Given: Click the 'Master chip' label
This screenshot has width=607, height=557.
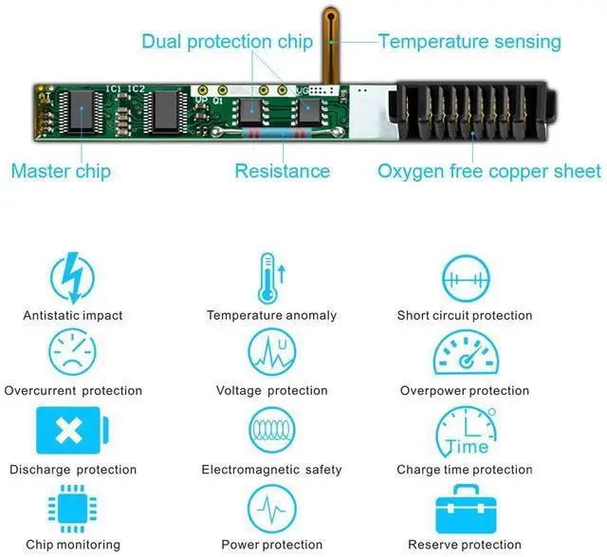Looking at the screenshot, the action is coord(61,171).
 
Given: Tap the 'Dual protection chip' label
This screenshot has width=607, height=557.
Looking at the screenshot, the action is coord(228,42).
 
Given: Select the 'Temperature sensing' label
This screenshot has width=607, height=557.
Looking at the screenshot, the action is coord(469,42).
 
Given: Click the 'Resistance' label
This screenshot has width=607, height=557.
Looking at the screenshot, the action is coord(283,171).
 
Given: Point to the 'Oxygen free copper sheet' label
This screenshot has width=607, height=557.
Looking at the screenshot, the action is coord(489,171).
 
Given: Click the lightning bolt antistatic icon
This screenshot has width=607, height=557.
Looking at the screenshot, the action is coord(73,277).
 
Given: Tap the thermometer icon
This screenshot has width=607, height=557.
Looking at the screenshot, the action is coord(271,278).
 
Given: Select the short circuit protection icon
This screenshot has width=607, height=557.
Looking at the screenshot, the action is coord(466,278).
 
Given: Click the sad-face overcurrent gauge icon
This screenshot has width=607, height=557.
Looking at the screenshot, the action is coord(72,352).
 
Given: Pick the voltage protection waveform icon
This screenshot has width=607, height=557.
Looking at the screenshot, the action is coord(272,352).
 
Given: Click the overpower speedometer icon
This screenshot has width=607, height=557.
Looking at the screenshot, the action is coord(466,352).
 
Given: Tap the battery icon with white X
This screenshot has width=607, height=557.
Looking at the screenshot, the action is coord(72,430).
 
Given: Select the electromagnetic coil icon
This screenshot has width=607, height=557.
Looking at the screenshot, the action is coord(272,430).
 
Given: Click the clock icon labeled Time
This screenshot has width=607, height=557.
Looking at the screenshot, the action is coord(466,431).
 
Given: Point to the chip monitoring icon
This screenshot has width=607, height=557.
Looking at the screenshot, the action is coord(72,509).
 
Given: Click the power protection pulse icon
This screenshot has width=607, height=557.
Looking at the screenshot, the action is coord(272,509).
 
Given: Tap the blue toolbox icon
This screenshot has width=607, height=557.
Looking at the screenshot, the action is coord(466,509).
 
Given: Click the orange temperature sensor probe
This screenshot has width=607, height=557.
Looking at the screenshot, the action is coord(331,46).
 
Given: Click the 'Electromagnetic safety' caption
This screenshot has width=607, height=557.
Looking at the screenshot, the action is coord(272,470).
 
